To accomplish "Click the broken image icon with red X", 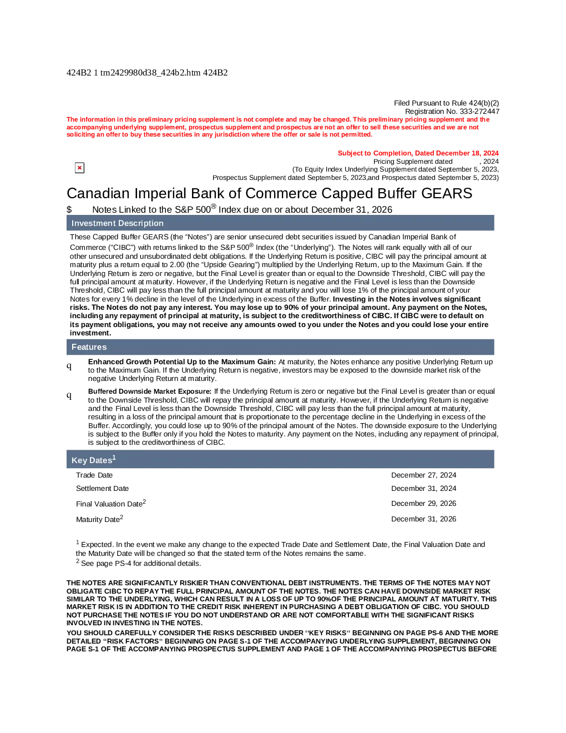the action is point(79,168).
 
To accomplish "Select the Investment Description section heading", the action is point(117,223).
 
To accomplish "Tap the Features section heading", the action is point(89,347).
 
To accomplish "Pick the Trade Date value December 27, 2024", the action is point(423,475).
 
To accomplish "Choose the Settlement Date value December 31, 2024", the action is point(423,489).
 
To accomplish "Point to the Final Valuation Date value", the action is point(423,503).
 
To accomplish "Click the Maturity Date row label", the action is point(99,519).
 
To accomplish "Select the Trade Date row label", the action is point(94,475).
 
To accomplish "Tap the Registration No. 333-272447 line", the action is point(452,111).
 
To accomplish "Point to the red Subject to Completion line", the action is point(418,153).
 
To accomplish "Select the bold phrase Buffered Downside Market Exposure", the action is point(150,391).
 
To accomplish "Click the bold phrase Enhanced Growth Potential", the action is point(137,362).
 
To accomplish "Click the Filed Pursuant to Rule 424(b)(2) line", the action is point(446,103).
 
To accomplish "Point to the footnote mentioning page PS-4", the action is point(139,563).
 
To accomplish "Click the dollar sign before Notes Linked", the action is point(69,209).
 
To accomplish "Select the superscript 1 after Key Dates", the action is point(114,458).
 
